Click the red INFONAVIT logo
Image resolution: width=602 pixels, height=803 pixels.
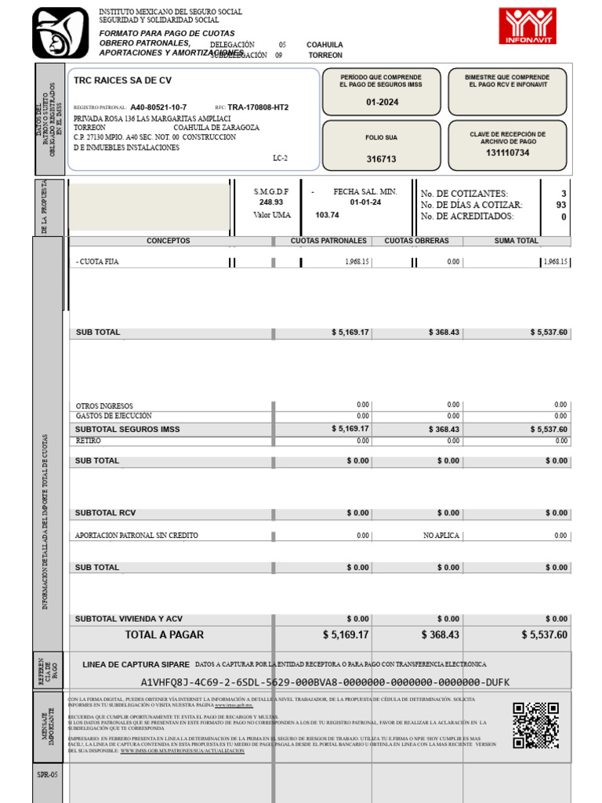[528, 26]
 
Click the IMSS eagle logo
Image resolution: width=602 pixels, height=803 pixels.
[60, 31]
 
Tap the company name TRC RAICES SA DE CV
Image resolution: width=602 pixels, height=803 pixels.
[122, 81]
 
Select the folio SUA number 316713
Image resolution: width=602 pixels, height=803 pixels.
[382, 159]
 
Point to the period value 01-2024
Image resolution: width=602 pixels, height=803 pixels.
[382, 102]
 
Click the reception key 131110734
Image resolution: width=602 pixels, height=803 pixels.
[507, 153]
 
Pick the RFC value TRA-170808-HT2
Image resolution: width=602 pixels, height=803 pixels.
[258, 107]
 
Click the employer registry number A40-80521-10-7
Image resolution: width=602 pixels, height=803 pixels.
[158, 107]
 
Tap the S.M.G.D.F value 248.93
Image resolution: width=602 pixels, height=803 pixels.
[271, 202]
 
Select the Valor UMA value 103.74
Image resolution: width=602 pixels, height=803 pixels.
[327, 215]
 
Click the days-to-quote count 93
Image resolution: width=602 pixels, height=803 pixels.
[560, 205]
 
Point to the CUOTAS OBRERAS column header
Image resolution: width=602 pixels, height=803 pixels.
[416, 241]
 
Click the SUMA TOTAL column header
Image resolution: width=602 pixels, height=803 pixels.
[516, 241]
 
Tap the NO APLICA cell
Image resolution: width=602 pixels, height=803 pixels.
[441, 536]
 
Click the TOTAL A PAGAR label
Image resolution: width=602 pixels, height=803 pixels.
[164, 634]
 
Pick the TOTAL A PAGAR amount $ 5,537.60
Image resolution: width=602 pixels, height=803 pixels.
[544, 634]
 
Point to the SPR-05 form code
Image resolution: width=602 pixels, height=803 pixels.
[48, 775]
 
